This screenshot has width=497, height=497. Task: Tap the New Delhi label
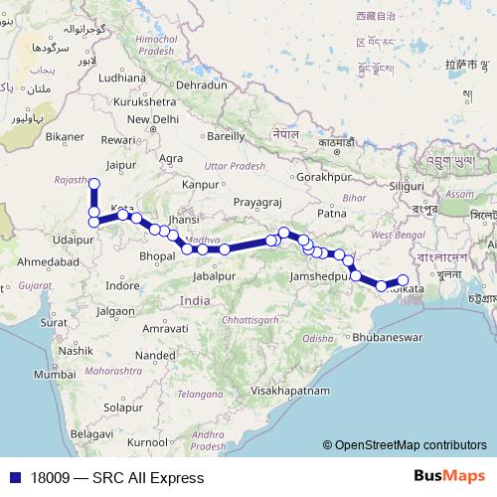[x=151, y=119]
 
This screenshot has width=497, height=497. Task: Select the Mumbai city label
[x=54, y=375]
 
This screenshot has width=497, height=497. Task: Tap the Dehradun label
[x=201, y=84]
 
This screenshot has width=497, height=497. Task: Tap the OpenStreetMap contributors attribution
[x=411, y=445]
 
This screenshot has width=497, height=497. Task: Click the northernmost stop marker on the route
[x=94, y=184]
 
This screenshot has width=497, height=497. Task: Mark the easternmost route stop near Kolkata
[x=404, y=280]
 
